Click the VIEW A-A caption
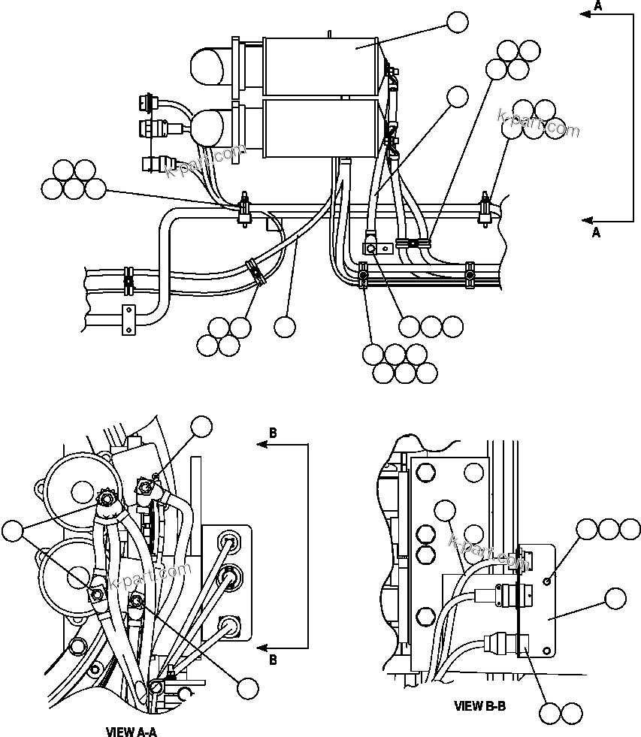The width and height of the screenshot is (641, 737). (x=132, y=730)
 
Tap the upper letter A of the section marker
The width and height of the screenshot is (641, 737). (x=597, y=6)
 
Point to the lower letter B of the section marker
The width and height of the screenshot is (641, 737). (x=273, y=660)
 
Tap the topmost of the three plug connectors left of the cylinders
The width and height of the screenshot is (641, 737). (x=148, y=101)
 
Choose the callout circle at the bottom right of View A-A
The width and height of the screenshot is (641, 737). (x=247, y=687)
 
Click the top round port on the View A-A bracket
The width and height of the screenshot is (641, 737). (x=229, y=540)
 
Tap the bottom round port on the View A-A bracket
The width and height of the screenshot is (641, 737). (x=228, y=624)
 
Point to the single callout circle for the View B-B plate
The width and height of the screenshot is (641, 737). (x=615, y=599)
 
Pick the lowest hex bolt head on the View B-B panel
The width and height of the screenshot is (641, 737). (x=424, y=557)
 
